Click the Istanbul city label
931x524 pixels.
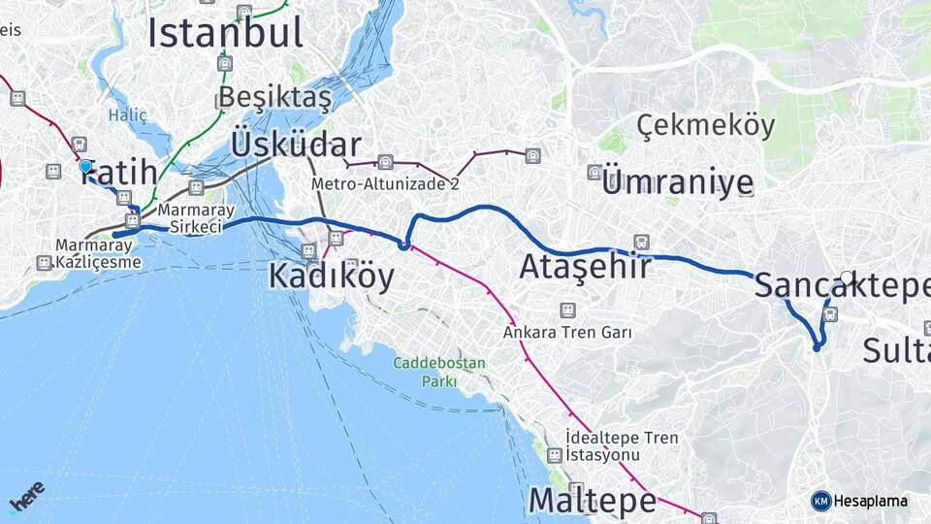click(x=225, y=33)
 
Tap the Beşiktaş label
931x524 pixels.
click(x=274, y=97)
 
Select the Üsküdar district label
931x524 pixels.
click(x=296, y=145)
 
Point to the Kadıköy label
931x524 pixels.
click(x=331, y=277)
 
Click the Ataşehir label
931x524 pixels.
click(x=585, y=266)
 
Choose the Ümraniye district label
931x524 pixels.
click(x=677, y=181)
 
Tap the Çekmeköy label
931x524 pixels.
click(x=706, y=125)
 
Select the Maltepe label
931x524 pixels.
click(x=592, y=501)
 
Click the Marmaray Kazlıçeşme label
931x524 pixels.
click(x=98, y=253)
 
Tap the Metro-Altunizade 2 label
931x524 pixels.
click(x=385, y=183)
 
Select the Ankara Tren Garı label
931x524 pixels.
click(x=567, y=332)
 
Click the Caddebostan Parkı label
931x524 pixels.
click(x=438, y=372)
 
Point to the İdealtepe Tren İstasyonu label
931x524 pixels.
click(x=622, y=446)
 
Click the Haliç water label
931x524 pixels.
click(x=128, y=115)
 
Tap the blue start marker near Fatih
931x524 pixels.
click(x=85, y=167)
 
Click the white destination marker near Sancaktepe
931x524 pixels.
click(x=847, y=278)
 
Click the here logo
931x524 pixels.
click(x=26, y=497)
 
